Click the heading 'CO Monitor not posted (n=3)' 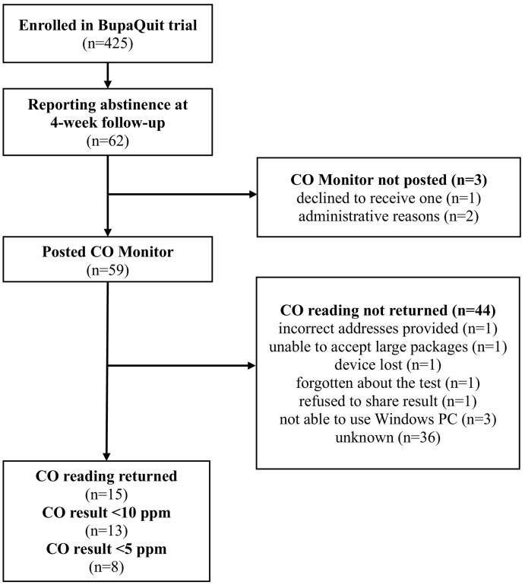pos(389,181)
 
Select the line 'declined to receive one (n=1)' pos(389,200)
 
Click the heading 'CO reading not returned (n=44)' pos(389,310)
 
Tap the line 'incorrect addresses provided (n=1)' pos(389,329)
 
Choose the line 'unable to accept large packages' pos(389,348)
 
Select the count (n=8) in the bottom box pos(107,567)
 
